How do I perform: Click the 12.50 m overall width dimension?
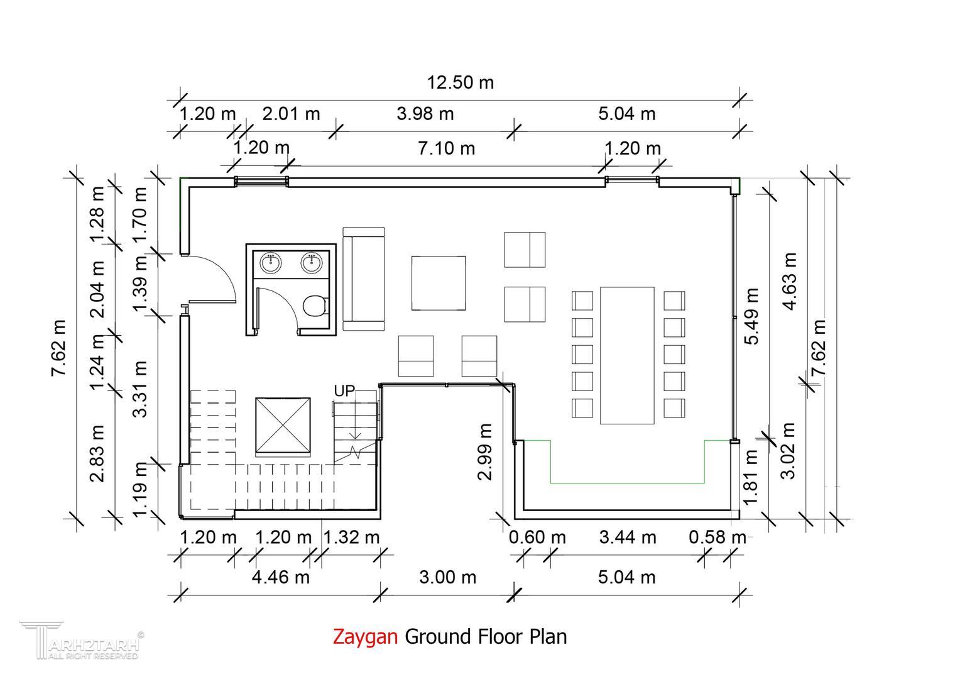pos(461,82)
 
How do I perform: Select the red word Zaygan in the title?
pos(365,636)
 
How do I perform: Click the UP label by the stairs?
pos(344,391)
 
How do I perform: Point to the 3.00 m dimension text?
pos(447,577)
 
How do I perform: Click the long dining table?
pos(627,356)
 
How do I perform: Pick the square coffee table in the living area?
pos(439,283)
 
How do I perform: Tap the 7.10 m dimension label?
pos(446,148)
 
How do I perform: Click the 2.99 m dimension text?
pos(485,452)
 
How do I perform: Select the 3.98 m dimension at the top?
pos(425,114)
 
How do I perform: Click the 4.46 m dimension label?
pos(280,577)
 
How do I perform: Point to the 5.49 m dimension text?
pos(751,316)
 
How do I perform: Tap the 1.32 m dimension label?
pos(351,538)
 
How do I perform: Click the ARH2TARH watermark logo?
pos(82,640)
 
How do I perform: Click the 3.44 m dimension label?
pos(628,538)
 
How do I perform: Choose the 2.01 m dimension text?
pos(291,114)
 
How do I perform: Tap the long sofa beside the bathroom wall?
pos(364,279)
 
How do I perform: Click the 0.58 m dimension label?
pos(717,538)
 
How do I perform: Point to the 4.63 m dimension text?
pos(789,282)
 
